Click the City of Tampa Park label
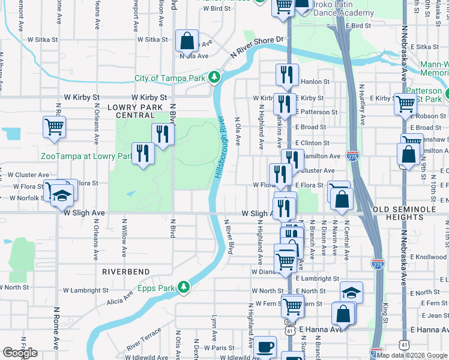point(170,78)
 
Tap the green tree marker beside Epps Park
point(184,288)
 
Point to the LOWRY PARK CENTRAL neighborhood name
point(131,111)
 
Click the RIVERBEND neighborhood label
point(125,272)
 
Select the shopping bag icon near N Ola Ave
point(187,41)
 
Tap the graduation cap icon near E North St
point(352,292)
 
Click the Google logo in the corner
point(20,353)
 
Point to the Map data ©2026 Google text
point(412,355)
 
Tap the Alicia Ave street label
point(120,299)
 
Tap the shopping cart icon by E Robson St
point(405,104)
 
